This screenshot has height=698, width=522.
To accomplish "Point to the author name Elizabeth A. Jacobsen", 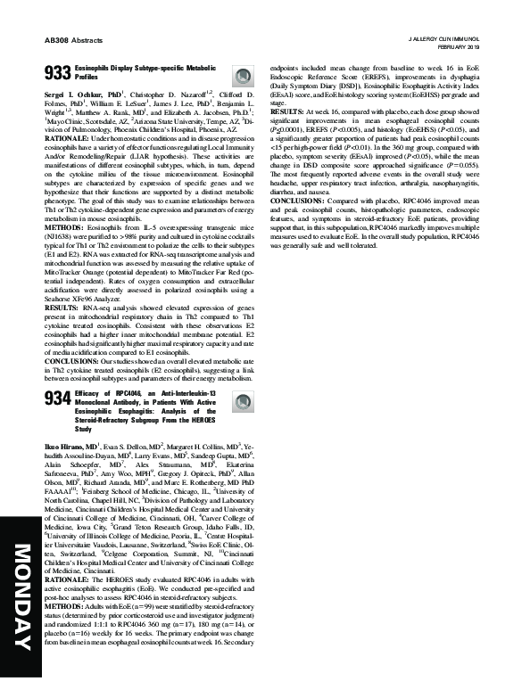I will [x=200, y=113].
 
